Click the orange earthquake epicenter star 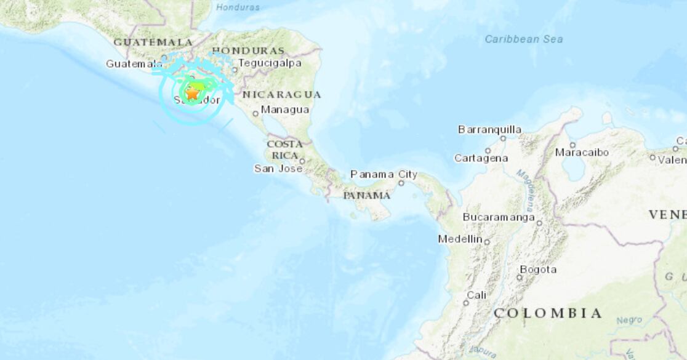pos(192,94)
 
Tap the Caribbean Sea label pos(523,39)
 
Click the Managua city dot pos(255,114)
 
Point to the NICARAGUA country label pos(281,94)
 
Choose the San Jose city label pos(278,168)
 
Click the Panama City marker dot pos(401,183)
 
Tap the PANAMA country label pos(367,195)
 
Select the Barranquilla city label pos(489,129)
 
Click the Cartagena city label pos(481,158)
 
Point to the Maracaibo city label pos(582,152)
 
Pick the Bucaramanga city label pos(499,217)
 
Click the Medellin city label pos(460,239)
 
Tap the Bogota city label pos(538,269)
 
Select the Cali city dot pos(466,303)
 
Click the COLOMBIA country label pos(547,313)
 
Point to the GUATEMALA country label pos(153,42)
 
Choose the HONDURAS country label pos(248,50)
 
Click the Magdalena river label pos(526,191)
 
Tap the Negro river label pos(629,320)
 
